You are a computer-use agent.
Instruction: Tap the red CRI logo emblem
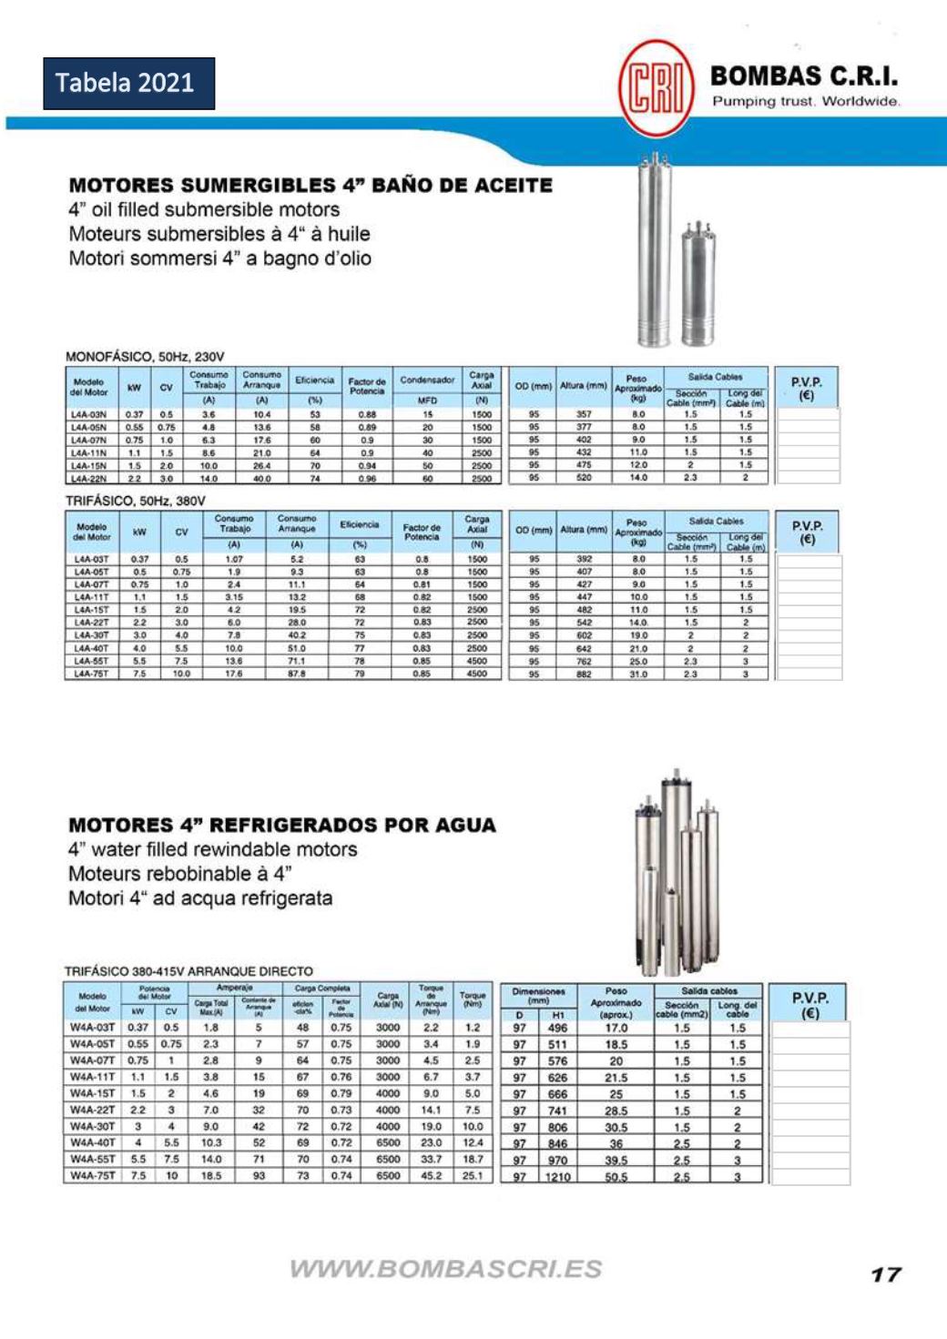(x=655, y=87)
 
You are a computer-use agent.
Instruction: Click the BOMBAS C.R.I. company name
(x=803, y=76)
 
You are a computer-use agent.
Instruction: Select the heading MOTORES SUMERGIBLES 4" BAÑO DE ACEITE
(x=311, y=186)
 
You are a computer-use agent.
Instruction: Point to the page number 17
(x=885, y=1274)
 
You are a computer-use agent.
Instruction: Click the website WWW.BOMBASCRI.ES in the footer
(x=445, y=1269)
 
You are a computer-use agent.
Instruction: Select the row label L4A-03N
(x=89, y=414)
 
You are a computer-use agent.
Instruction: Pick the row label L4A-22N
(x=89, y=478)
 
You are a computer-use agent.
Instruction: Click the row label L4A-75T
(x=91, y=675)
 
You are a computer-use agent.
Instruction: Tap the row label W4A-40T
(x=92, y=1142)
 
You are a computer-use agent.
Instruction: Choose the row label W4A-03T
(x=92, y=1028)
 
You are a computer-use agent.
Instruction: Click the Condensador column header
(x=427, y=380)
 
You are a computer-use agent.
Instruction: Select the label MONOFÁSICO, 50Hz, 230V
(x=145, y=357)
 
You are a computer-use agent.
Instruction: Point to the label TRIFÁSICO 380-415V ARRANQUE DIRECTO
(x=188, y=971)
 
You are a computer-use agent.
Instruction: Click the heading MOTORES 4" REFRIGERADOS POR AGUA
(x=282, y=826)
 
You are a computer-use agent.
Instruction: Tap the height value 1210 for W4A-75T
(x=557, y=1177)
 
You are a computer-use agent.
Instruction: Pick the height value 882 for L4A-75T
(x=584, y=675)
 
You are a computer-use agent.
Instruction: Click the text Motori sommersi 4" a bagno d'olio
(x=219, y=259)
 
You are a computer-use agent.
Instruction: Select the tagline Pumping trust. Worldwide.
(x=805, y=101)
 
